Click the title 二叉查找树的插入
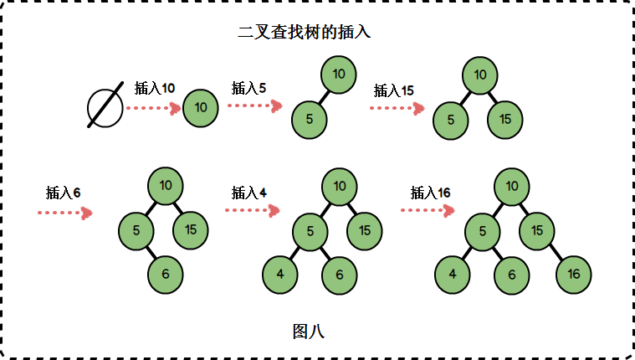pyautogui.click(x=305, y=33)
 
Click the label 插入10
pyautogui.click(x=155, y=88)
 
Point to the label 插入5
pyautogui.click(x=248, y=88)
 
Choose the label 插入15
pyautogui.click(x=394, y=90)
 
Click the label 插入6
pyautogui.click(x=63, y=193)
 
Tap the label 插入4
pyautogui.click(x=249, y=193)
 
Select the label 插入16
pyautogui.click(x=431, y=193)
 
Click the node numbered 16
pyautogui.click(x=573, y=275)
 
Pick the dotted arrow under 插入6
pyautogui.click(x=64, y=213)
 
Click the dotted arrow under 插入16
pyautogui.click(x=428, y=210)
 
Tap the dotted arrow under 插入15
pyautogui.click(x=397, y=108)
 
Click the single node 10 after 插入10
pyautogui.click(x=201, y=107)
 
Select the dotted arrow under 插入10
pyautogui.click(x=153, y=107)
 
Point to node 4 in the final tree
pyautogui.click(x=453, y=275)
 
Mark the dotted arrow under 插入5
pyautogui.click(x=254, y=105)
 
